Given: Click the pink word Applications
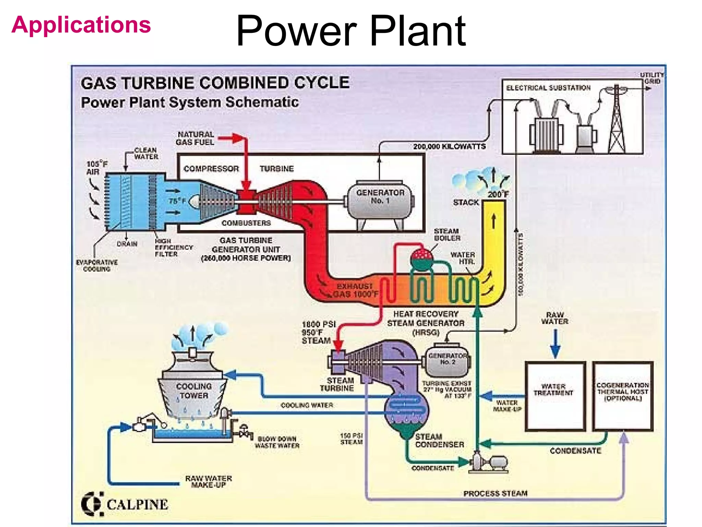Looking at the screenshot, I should pos(81,25).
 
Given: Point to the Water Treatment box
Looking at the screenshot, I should pos(555,396).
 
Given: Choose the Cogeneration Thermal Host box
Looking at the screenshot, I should pos(622,396).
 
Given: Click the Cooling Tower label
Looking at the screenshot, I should pos(194,391).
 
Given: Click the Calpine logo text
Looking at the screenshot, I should pos(137,505).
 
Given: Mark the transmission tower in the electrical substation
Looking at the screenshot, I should pos(616,120).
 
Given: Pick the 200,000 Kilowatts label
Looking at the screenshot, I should pos(449,147).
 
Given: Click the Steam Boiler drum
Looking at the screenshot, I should pos(422,257).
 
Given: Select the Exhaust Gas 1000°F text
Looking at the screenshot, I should pos(355,290).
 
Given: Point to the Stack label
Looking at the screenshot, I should pos(465,202).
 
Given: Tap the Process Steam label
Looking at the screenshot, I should pos(495,493).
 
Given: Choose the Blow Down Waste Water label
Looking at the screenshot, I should pos(277,442).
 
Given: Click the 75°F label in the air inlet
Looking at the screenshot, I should pos(177,201).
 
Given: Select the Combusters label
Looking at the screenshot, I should pos(246,223).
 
